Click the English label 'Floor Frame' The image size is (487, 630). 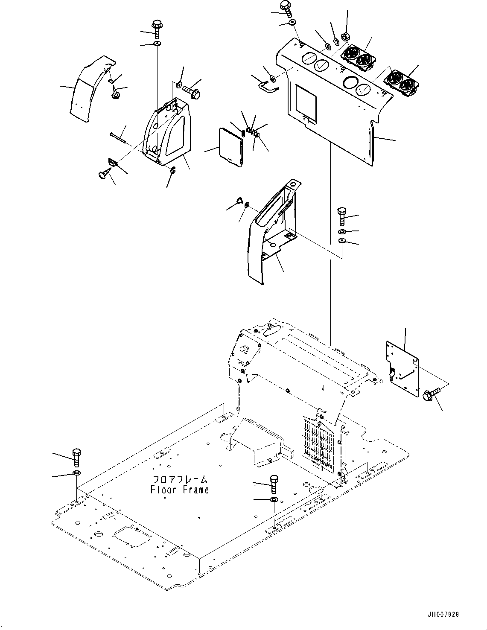click(x=180, y=490)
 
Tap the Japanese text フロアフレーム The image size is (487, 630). click(x=180, y=479)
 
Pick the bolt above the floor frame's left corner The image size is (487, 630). click(x=76, y=457)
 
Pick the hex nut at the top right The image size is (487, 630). click(x=346, y=37)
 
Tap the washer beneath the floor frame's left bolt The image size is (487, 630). click(x=77, y=473)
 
